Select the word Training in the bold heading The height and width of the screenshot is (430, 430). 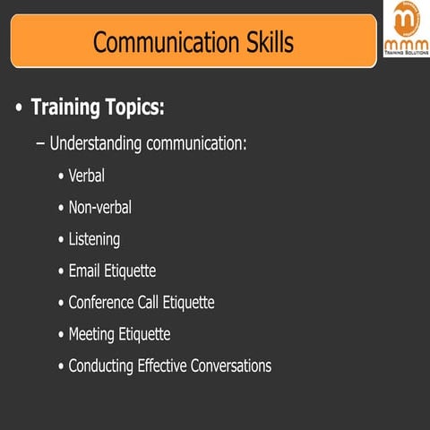pos(66,108)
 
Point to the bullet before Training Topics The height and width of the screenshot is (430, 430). pos(19,109)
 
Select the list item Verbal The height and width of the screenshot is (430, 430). pos(87,176)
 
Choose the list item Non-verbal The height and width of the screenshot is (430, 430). pos(100,207)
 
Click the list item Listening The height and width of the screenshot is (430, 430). pos(94,239)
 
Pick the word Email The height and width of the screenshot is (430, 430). pos(86,271)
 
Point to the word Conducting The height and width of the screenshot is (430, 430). pos(102,365)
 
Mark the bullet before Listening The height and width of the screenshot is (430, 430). pos(60,240)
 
